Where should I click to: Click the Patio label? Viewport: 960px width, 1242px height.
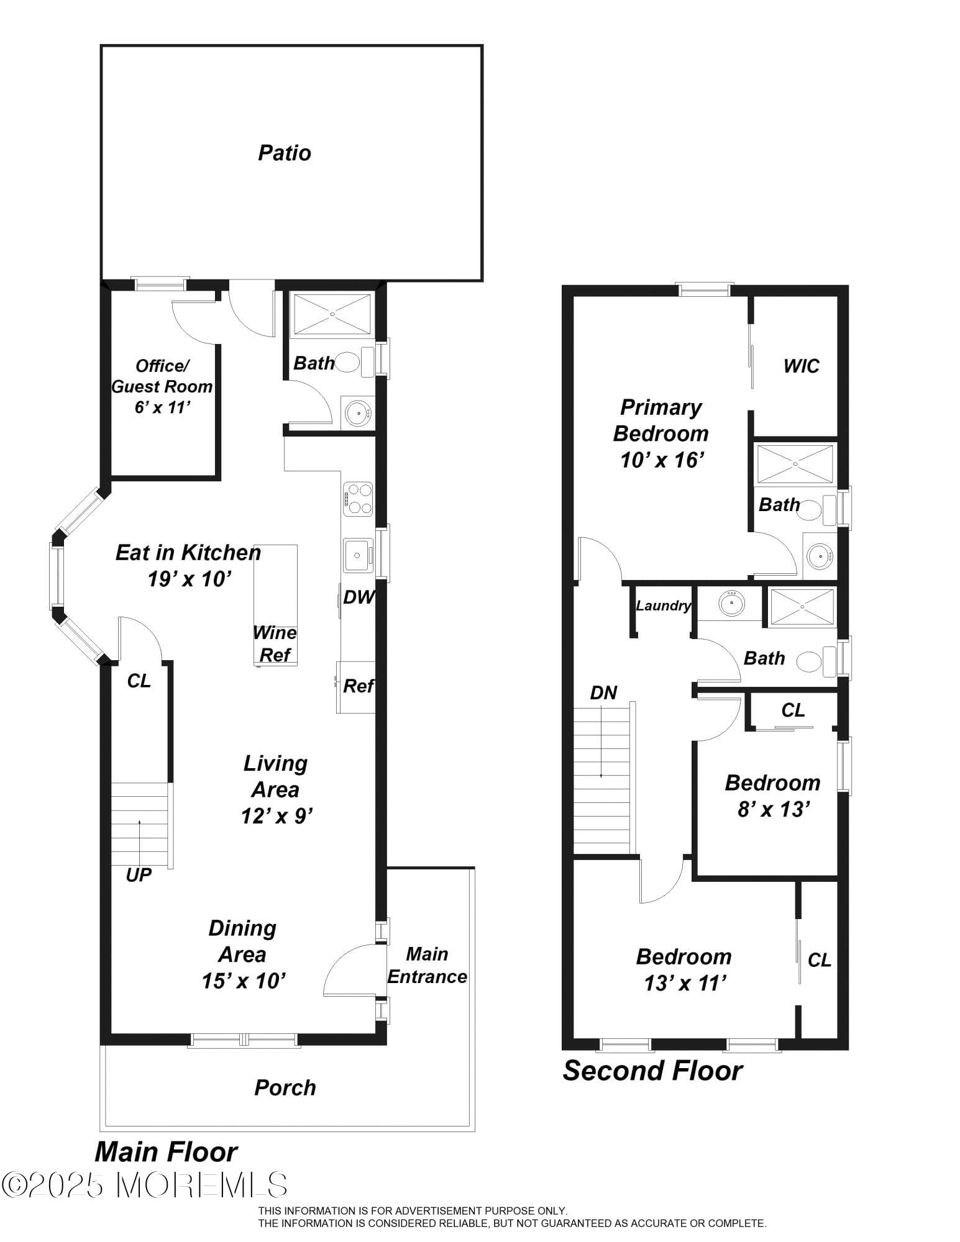pos(284,153)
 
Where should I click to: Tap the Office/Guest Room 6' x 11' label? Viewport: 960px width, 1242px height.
pos(162,386)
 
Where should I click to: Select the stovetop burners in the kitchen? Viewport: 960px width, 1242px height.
pos(358,499)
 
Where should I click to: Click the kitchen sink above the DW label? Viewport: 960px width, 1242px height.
pos(358,555)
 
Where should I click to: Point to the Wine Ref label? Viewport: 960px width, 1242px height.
pos(275,644)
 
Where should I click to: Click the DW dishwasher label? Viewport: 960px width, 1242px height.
pos(359,597)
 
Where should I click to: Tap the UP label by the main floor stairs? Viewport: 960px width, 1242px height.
pos(138,875)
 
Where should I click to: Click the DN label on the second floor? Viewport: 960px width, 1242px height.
pos(603,693)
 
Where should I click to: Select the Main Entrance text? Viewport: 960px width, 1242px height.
pos(427,965)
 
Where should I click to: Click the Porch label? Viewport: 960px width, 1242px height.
pos(285,1087)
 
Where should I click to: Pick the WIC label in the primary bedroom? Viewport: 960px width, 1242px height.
pos(801,366)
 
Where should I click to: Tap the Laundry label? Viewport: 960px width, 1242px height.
pos(663,605)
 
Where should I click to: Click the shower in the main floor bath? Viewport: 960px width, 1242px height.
pos(332,314)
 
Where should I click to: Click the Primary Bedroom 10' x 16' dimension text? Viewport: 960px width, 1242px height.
pos(662,460)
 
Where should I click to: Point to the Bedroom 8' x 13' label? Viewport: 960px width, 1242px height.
pos(772,796)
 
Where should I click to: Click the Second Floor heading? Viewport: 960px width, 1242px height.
pos(652,1071)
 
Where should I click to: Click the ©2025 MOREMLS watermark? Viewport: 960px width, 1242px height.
pos(144,1185)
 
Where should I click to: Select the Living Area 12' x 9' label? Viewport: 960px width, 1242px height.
pos(276,789)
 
